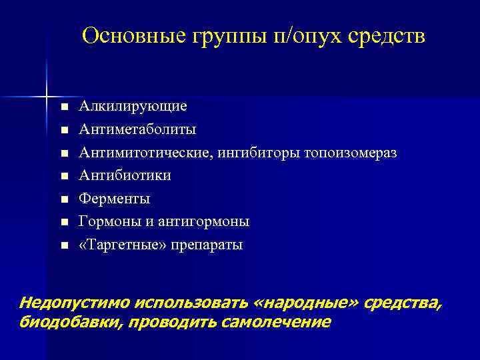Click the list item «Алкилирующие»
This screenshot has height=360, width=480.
(x=133, y=107)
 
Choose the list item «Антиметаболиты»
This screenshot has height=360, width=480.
(x=137, y=129)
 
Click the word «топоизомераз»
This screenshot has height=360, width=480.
(x=351, y=153)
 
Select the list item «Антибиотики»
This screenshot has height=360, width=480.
(x=125, y=175)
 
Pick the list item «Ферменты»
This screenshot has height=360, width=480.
(x=115, y=199)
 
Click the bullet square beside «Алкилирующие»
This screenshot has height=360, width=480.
(x=63, y=107)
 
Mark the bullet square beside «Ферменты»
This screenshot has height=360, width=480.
(x=63, y=199)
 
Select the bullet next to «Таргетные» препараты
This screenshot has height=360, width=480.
(x=63, y=245)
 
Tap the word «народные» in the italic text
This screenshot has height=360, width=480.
(x=306, y=303)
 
